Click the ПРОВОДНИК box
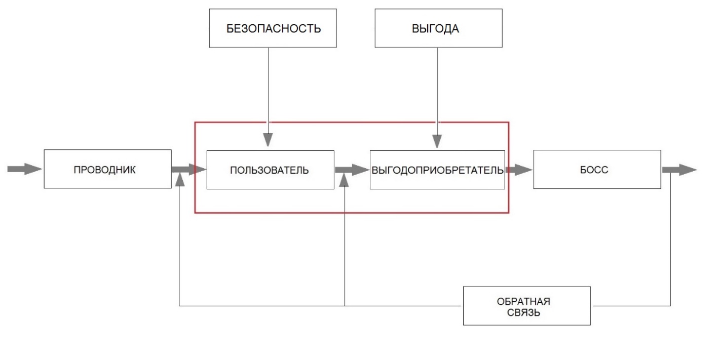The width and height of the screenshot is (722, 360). click(x=107, y=170)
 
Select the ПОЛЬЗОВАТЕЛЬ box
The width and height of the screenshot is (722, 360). click(x=270, y=170)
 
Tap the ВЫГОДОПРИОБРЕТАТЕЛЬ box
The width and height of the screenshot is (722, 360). click(x=437, y=170)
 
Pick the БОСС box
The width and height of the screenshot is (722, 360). click(x=597, y=170)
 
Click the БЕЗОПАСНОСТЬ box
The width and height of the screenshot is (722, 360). click(x=274, y=28)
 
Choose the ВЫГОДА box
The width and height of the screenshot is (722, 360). click(x=439, y=28)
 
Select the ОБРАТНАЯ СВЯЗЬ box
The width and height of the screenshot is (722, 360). click(x=527, y=306)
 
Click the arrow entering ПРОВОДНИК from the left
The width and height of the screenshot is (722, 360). click(x=24, y=169)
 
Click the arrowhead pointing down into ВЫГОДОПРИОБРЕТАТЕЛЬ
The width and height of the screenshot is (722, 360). click(x=439, y=142)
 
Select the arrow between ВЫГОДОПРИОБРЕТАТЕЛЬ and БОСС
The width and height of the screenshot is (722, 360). click(x=519, y=170)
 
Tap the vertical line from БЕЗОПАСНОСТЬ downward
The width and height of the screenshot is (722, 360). click(x=269, y=86)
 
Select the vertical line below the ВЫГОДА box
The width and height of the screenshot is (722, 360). click(x=439, y=86)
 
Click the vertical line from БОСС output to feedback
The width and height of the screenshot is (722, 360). click(x=671, y=238)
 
